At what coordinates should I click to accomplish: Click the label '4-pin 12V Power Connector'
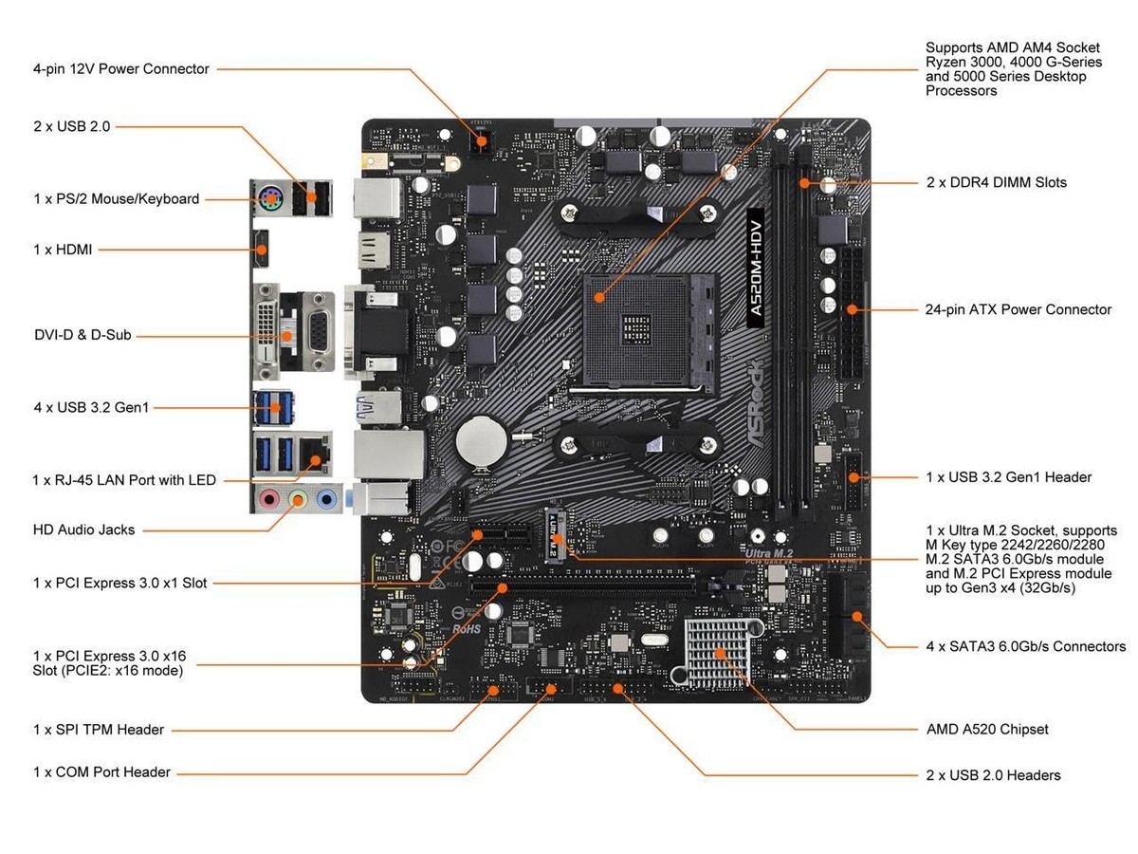pyautogui.click(x=120, y=69)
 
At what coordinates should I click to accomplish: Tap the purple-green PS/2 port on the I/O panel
pyautogui.click(x=269, y=199)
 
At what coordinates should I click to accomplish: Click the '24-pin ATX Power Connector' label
pyautogui.click(x=1018, y=309)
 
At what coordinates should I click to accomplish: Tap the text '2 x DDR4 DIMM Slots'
pyautogui.click(x=996, y=182)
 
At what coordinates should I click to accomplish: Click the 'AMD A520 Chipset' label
pyautogui.click(x=986, y=730)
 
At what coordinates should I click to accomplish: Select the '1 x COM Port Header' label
pyautogui.click(x=101, y=772)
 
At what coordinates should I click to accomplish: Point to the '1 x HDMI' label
pyautogui.click(x=63, y=250)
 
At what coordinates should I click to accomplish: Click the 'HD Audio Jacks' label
pyautogui.click(x=83, y=529)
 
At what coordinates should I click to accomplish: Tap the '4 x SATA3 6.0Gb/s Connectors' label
pyautogui.click(x=1025, y=646)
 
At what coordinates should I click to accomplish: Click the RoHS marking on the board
pyautogui.click(x=467, y=627)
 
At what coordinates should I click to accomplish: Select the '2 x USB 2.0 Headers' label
pyautogui.click(x=993, y=775)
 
